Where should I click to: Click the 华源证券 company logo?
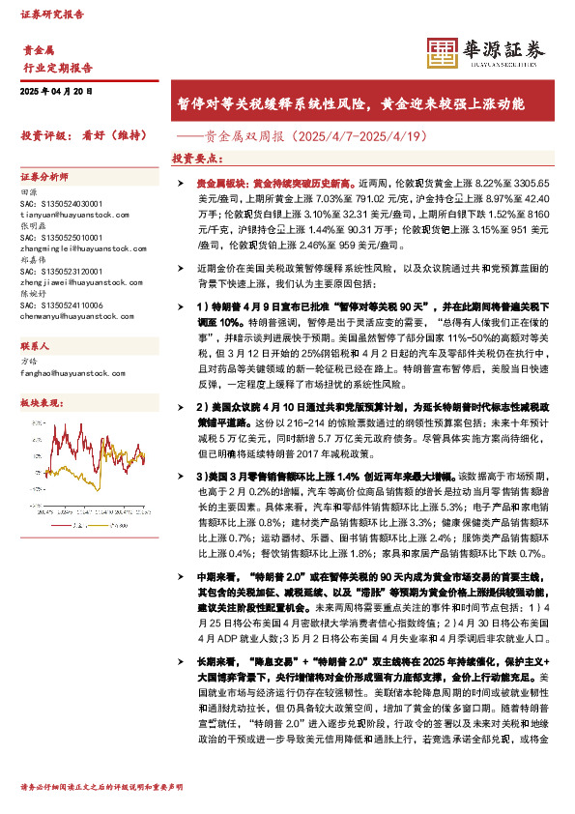(486, 52)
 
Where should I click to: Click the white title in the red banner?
(349, 102)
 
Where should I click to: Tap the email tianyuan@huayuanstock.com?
(67, 214)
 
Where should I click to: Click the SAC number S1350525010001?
(61, 236)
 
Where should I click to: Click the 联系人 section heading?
(36, 345)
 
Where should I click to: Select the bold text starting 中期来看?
(215, 578)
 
